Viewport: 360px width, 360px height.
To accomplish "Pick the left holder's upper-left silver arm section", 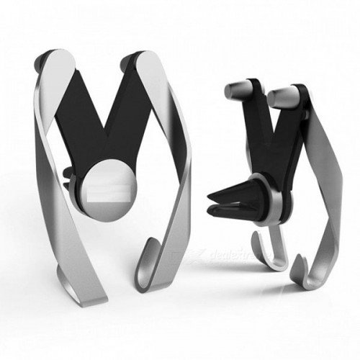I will pos(50,108).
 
